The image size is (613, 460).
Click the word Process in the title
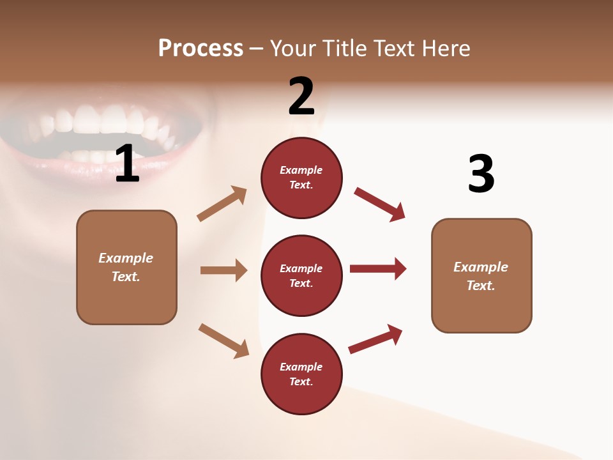tap(201, 49)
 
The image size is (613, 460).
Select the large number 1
tap(127, 164)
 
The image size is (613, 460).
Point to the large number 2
tap(301, 96)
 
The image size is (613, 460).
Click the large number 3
tap(481, 174)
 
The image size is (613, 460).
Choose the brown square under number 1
tap(126, 267)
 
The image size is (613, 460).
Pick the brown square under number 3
tap(481, 275)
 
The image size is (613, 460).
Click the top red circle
tap(301, 178)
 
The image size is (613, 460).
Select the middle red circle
tap(301, 275)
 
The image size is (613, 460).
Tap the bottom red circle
tap(301, 374)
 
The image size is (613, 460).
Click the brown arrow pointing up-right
tap(222, 204)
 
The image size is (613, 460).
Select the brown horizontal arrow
tap(223, 270)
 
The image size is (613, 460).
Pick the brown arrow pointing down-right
tap(223, 340)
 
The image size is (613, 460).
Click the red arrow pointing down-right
tap(379, 204)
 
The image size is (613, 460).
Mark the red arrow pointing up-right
tap(375, 339)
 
